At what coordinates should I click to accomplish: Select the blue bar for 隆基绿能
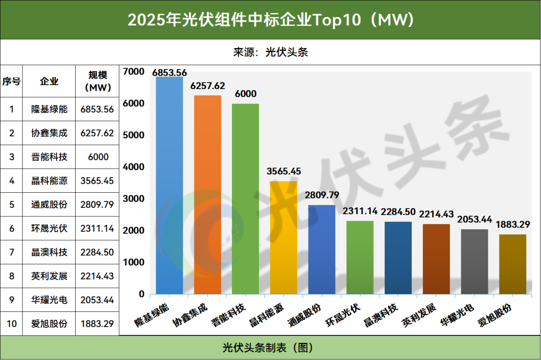(169, 185)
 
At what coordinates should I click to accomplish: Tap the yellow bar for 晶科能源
(284, 237)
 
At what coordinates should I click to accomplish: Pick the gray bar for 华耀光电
(474, 261)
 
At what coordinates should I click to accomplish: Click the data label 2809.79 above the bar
(322, 195)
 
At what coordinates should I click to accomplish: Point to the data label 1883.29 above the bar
(512, 224)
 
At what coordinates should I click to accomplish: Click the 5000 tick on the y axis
(134, 135)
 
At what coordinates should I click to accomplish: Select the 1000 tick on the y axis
(134, 262)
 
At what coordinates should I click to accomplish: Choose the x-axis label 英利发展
(420, 313)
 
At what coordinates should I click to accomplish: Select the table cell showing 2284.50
(97, 252)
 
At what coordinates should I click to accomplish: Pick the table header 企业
(49, 82)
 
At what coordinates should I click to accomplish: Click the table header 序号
(12, 82)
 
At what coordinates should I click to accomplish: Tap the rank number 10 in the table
(12, 323)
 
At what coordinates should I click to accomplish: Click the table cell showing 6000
(97, 157)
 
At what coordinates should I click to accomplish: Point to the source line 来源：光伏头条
(270, 52)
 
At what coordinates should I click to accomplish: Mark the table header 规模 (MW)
(97, 81)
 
